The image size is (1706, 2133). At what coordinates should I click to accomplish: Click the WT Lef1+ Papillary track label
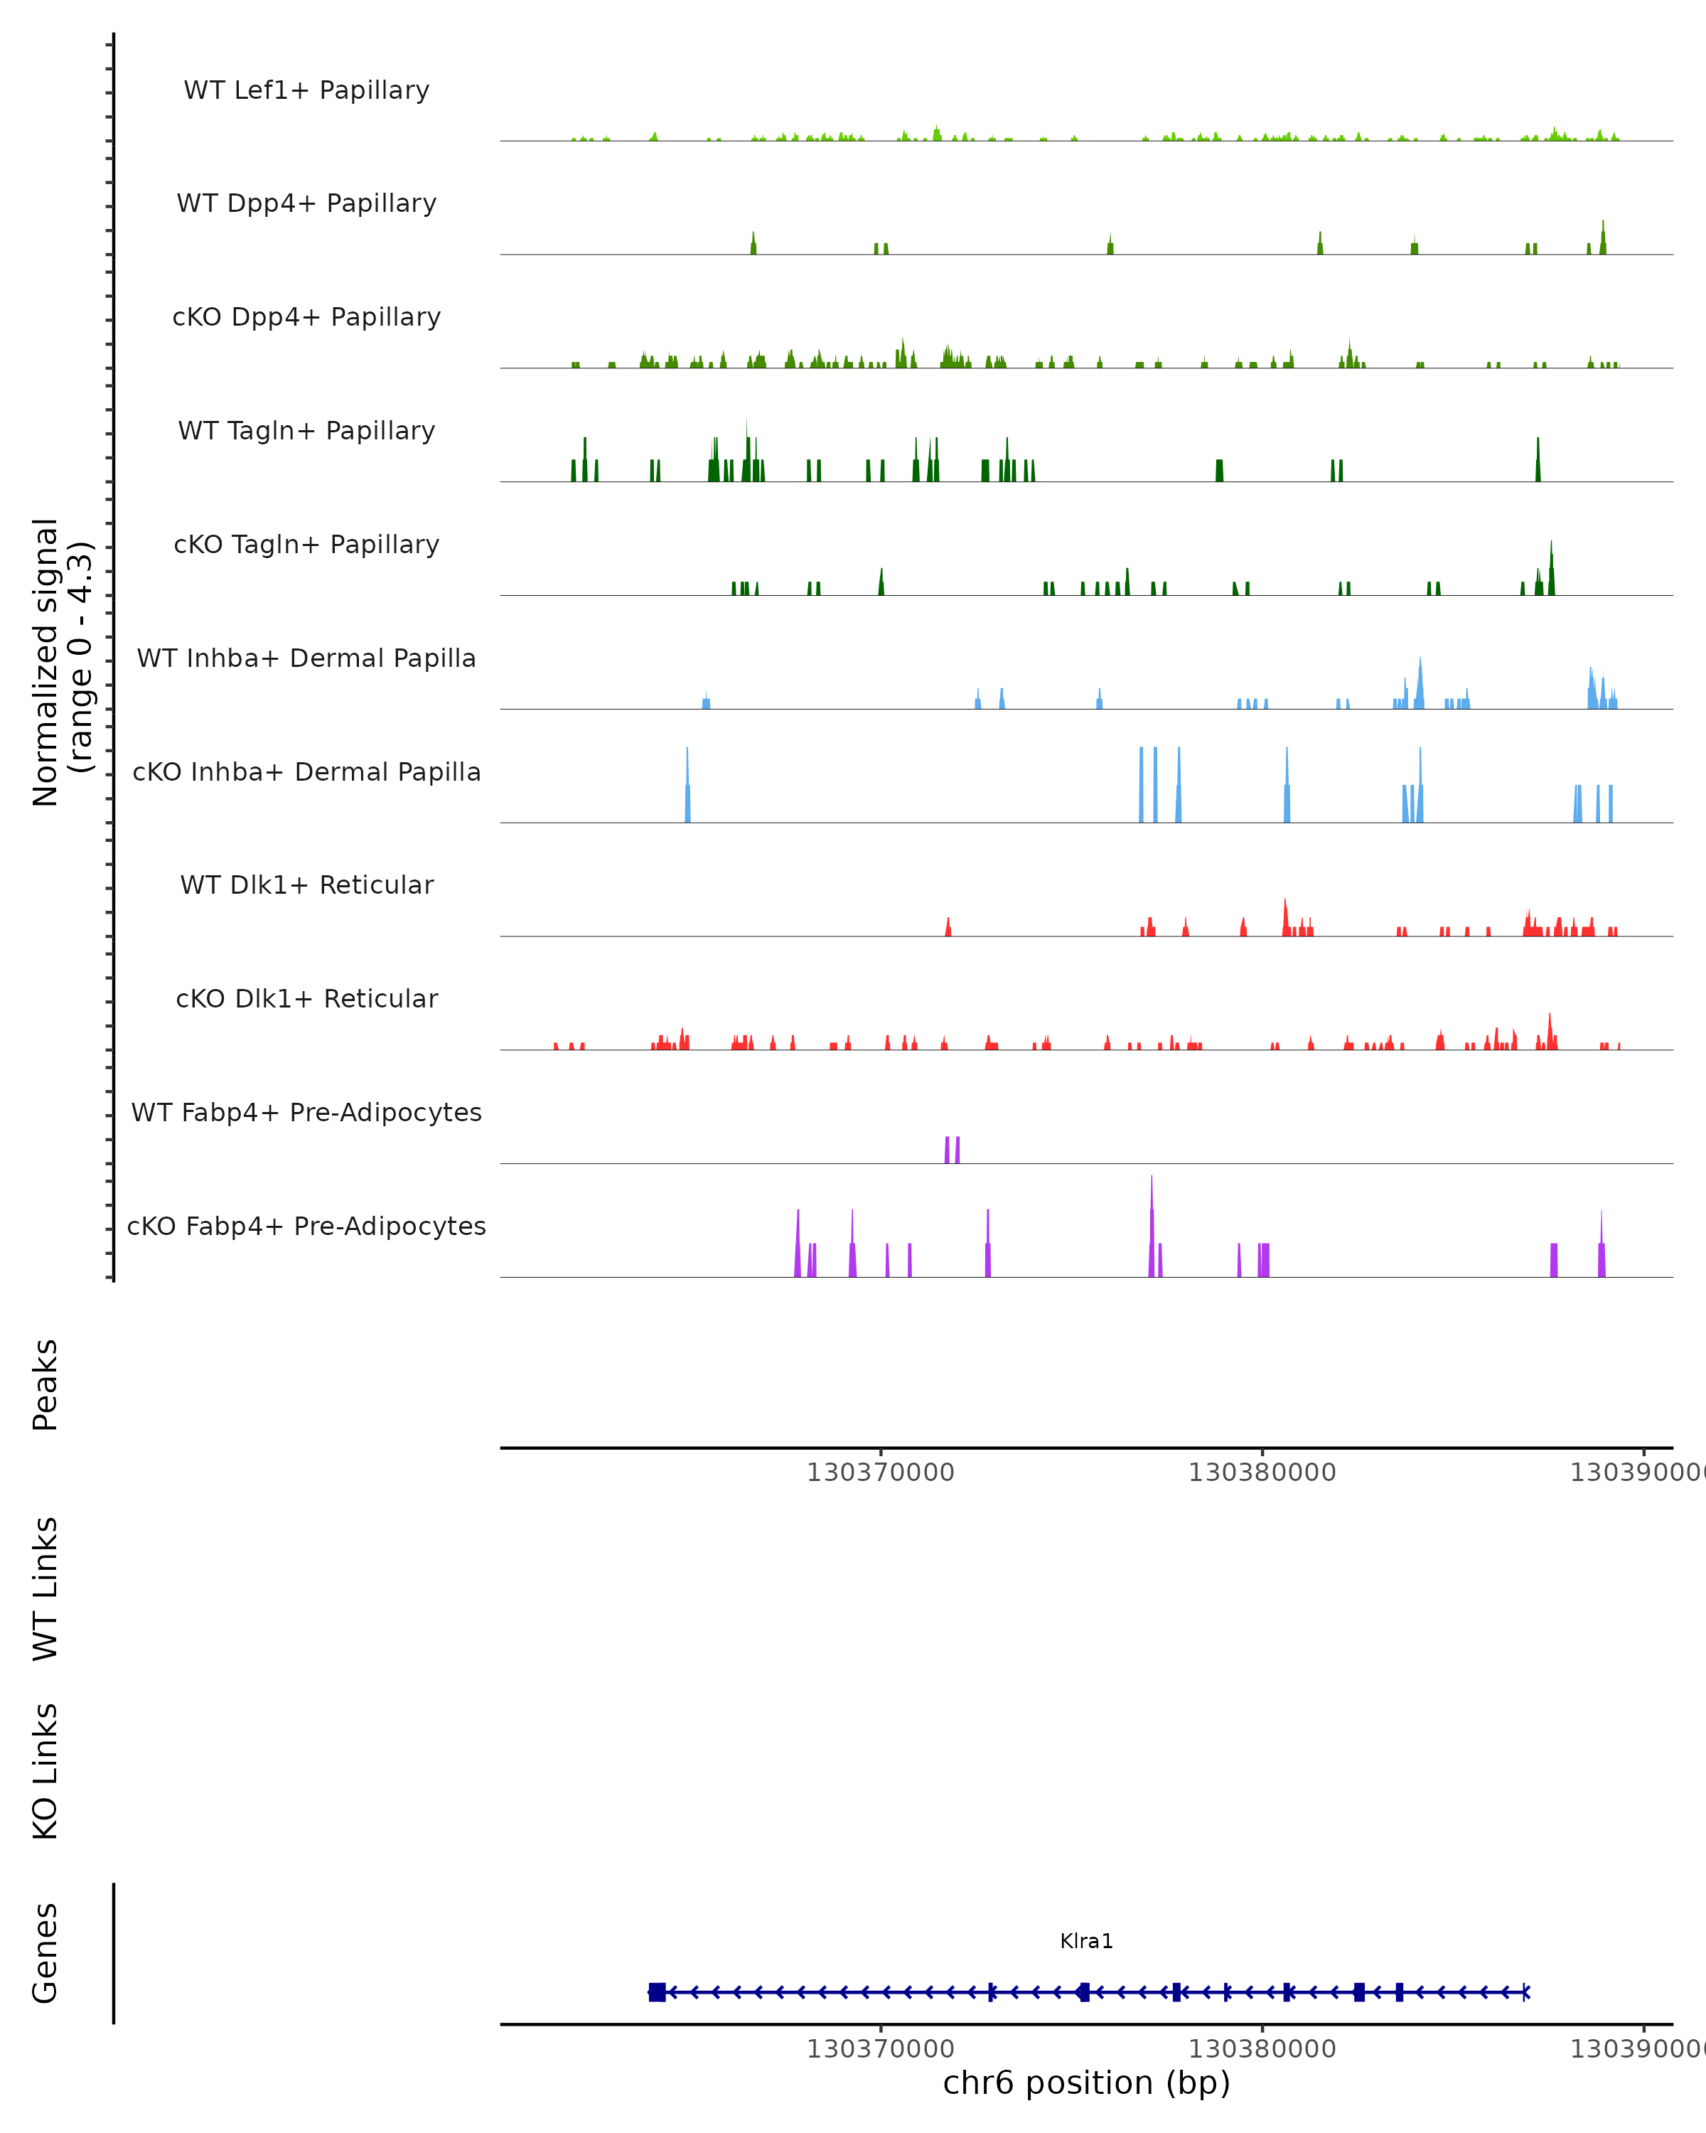coord(306,90)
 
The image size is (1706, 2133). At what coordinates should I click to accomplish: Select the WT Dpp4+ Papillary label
coord(306,204)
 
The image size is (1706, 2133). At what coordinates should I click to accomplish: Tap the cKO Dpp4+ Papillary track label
coord(306,318)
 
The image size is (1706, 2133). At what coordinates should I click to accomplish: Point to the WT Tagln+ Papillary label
coord(306,432)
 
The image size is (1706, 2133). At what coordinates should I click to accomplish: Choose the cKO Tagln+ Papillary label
coord(306,545)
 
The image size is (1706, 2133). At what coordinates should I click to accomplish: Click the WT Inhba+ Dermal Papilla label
coord(306,659)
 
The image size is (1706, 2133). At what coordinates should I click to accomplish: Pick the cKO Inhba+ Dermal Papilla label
coord(306,773)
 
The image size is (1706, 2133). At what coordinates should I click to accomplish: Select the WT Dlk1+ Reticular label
coord(306,885)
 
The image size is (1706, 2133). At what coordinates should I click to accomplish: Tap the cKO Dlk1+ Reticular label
coord(306,999)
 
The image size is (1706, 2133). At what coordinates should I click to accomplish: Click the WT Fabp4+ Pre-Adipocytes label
coord(306,1113)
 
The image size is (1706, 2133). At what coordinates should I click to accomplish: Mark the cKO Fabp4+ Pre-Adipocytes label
coord(306,1226)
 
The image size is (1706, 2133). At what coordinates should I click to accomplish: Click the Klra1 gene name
coord(1086,1942)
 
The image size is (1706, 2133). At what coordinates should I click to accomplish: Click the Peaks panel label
coord(45,1384)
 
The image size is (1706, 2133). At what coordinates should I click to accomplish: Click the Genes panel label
coord(45,1953)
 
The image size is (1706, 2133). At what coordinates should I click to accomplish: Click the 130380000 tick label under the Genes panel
coord(1262,2049)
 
